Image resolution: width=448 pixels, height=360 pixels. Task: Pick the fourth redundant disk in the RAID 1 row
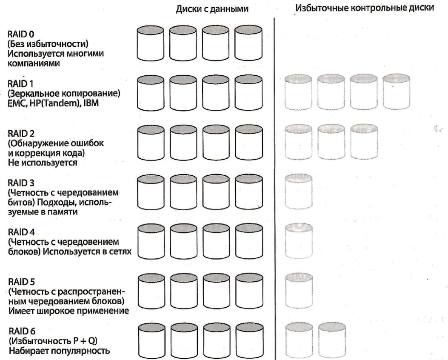pyautogui.click(x=397, y=91)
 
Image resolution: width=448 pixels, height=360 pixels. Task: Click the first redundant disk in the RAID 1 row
pyautogui.click(x=298, y=91)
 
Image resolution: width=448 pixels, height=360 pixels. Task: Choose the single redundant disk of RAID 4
pyautogui.click(x=298, y=240)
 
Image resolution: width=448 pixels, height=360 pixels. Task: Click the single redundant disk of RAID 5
pyautogui.click(x=298, y=289)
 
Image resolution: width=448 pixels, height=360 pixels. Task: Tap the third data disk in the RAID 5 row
pyautogui.click(x=217, y=289)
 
